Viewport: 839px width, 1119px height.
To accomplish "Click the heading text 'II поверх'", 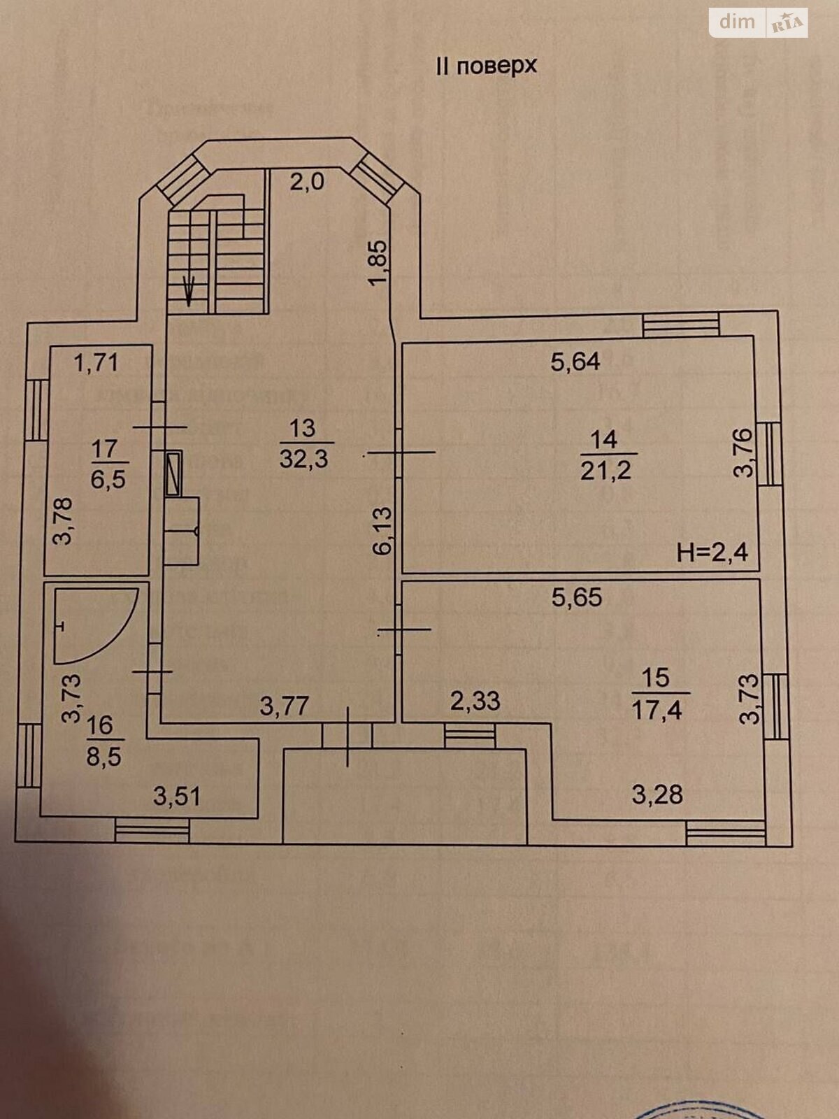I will pos(486,66).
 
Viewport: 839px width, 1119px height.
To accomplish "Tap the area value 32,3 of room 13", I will pos(304,459).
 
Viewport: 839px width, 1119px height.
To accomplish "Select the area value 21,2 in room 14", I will pos(605,470).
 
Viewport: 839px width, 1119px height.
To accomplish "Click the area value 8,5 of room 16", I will pos(104,756).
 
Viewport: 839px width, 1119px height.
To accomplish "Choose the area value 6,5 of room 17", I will pos(108,479).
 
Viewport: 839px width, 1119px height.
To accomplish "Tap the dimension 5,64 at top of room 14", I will pos(575,362).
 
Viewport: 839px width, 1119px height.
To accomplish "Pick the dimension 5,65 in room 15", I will pos(577,598).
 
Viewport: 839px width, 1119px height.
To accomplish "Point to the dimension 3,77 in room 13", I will pos(284,705).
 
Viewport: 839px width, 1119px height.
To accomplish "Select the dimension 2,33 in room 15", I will pos(475,700).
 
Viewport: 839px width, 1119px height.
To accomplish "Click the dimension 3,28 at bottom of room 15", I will pos(657,794).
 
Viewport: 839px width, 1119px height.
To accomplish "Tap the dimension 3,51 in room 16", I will pos(176,796).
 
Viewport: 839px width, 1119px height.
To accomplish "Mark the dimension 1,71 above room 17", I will pos(96,362).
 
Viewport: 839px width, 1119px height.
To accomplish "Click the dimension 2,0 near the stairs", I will pos(307,182).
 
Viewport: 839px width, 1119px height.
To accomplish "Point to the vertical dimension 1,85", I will pos(378,263).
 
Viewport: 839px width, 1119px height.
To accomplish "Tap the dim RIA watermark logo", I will pos(758,22).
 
